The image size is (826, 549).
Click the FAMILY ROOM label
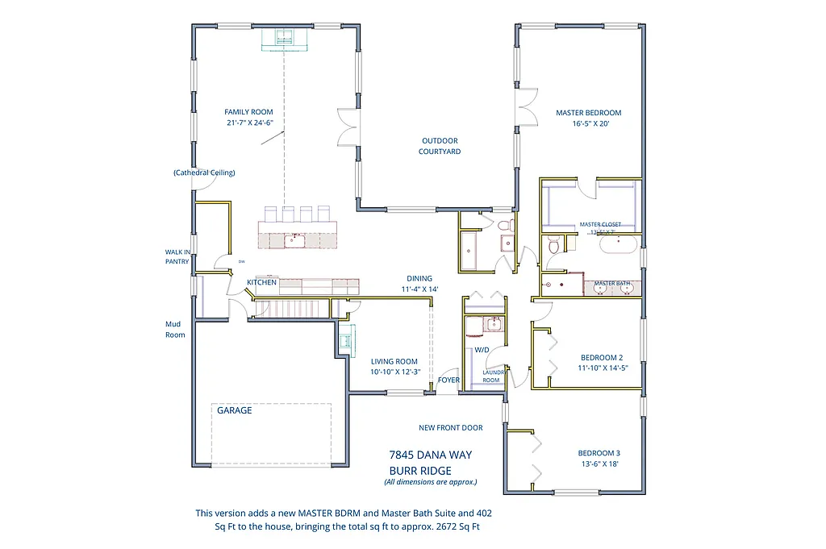coord(248,112)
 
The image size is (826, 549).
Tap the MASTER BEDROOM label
coord(589,113)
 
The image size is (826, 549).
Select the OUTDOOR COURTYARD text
coord(440,146)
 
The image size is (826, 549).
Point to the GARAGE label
coord(234,410)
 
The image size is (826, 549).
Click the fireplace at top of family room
coord(283,39)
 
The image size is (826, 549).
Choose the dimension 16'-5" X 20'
coord(589,125)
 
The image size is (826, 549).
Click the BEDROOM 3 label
coord(599,453)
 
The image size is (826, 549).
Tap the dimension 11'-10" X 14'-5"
coord(602,368)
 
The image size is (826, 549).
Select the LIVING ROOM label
coord(394,361)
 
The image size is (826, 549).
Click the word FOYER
coord(448,380)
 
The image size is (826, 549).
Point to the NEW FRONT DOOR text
coord(450,428)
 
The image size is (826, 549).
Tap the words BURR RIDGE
coord(420,471)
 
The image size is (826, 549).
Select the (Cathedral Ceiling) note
coord(204,173)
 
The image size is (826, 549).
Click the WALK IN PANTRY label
coord(177,256)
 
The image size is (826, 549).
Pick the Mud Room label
coord(175,330)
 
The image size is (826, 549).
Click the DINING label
coord(419,278)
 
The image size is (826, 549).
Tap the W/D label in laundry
coord(482,350)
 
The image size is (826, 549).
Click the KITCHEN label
coord(262,282)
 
